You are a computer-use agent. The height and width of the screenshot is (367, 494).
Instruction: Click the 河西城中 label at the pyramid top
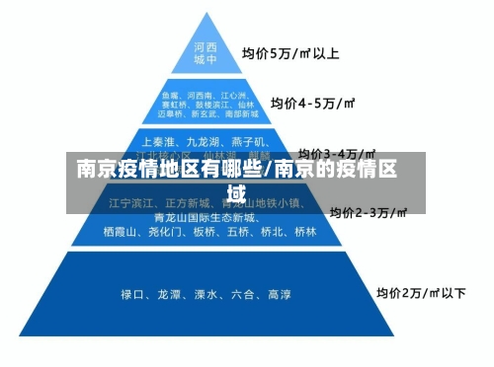[206, 52]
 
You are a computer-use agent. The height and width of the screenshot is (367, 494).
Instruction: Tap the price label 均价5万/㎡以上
[291, 52]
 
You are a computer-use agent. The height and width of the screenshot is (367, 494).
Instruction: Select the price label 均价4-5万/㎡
[313, 102]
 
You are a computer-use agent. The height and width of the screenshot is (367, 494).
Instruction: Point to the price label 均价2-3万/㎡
[368, 212]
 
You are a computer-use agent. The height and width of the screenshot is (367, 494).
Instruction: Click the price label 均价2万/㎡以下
[420, 293]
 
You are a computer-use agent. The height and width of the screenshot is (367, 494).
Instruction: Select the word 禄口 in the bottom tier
[133, 293]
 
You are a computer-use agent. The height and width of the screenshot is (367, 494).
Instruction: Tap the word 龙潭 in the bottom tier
[169, 293]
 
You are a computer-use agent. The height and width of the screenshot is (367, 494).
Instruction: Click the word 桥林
[304, 233]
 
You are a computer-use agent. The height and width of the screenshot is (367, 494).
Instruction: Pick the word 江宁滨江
[132, 203]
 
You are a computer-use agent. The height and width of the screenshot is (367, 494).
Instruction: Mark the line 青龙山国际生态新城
[206, 217]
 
